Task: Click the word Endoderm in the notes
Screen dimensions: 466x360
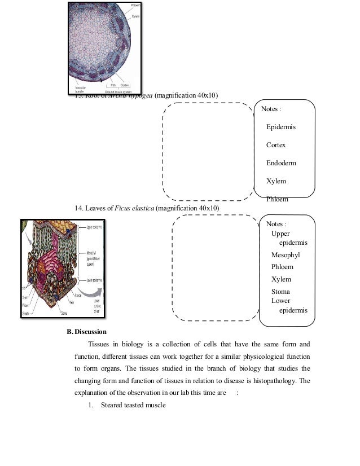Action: point(281,163)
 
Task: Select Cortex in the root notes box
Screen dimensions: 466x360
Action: point(276,145)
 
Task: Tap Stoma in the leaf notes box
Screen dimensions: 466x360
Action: point(280,292)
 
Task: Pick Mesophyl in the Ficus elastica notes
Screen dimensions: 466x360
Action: point(286,254)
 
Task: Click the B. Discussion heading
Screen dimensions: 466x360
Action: point(87,331)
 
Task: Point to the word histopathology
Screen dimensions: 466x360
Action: point(270,380)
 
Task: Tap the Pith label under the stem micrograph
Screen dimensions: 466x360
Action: point(113,85)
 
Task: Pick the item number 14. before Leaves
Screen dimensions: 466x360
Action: point(80,208)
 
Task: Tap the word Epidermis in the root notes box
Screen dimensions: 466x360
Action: point(281,127)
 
